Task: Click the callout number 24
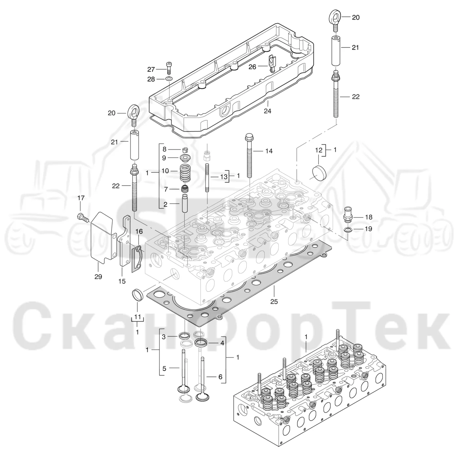[267, 111]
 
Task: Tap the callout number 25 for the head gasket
[274, 302]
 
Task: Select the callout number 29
[98, 277]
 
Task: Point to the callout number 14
[269, 151]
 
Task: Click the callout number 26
[252, 67]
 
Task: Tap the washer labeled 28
[169, 79]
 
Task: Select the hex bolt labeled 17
[83, 217]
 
